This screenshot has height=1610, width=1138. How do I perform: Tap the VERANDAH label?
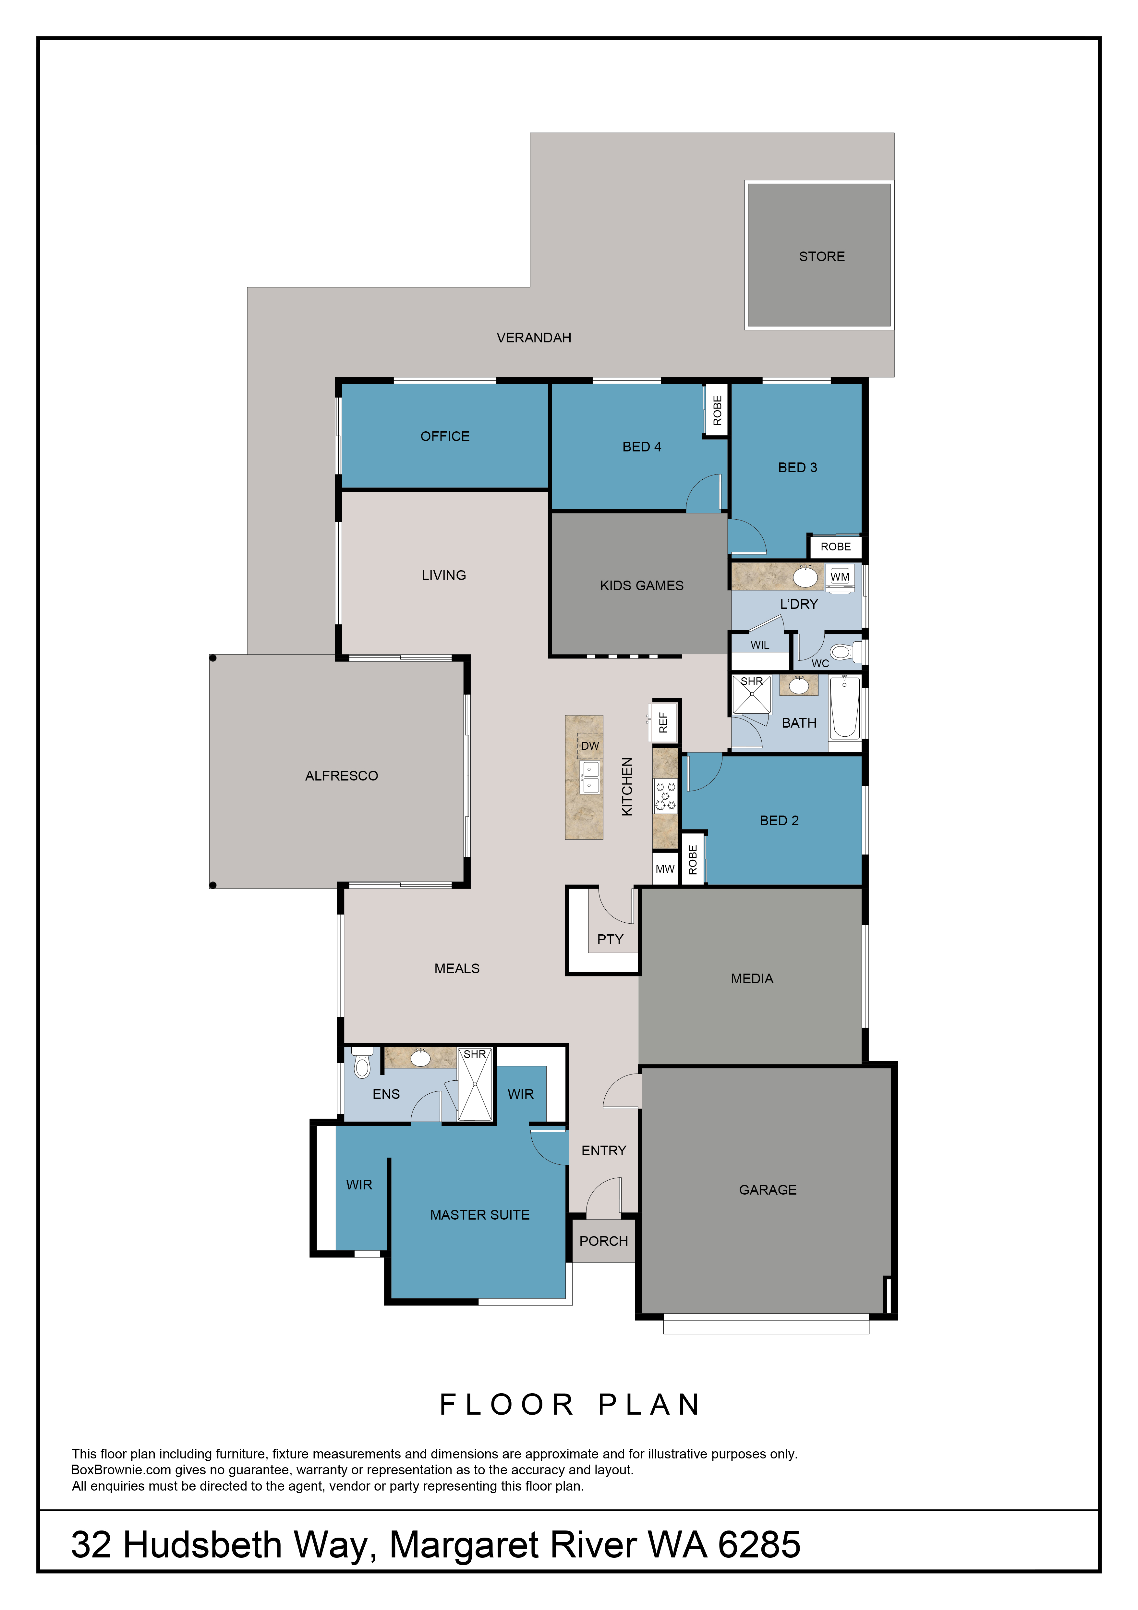tap(534, 338)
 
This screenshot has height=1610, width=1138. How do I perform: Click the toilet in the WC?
tap(846, 652)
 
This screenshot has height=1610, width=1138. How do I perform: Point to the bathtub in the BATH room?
tap(845, 707)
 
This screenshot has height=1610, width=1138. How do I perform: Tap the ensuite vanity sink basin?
tap(420, 1058)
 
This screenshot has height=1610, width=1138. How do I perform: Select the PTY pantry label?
tap(610, 940)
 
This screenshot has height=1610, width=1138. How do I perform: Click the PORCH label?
tap(603, 1241)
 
